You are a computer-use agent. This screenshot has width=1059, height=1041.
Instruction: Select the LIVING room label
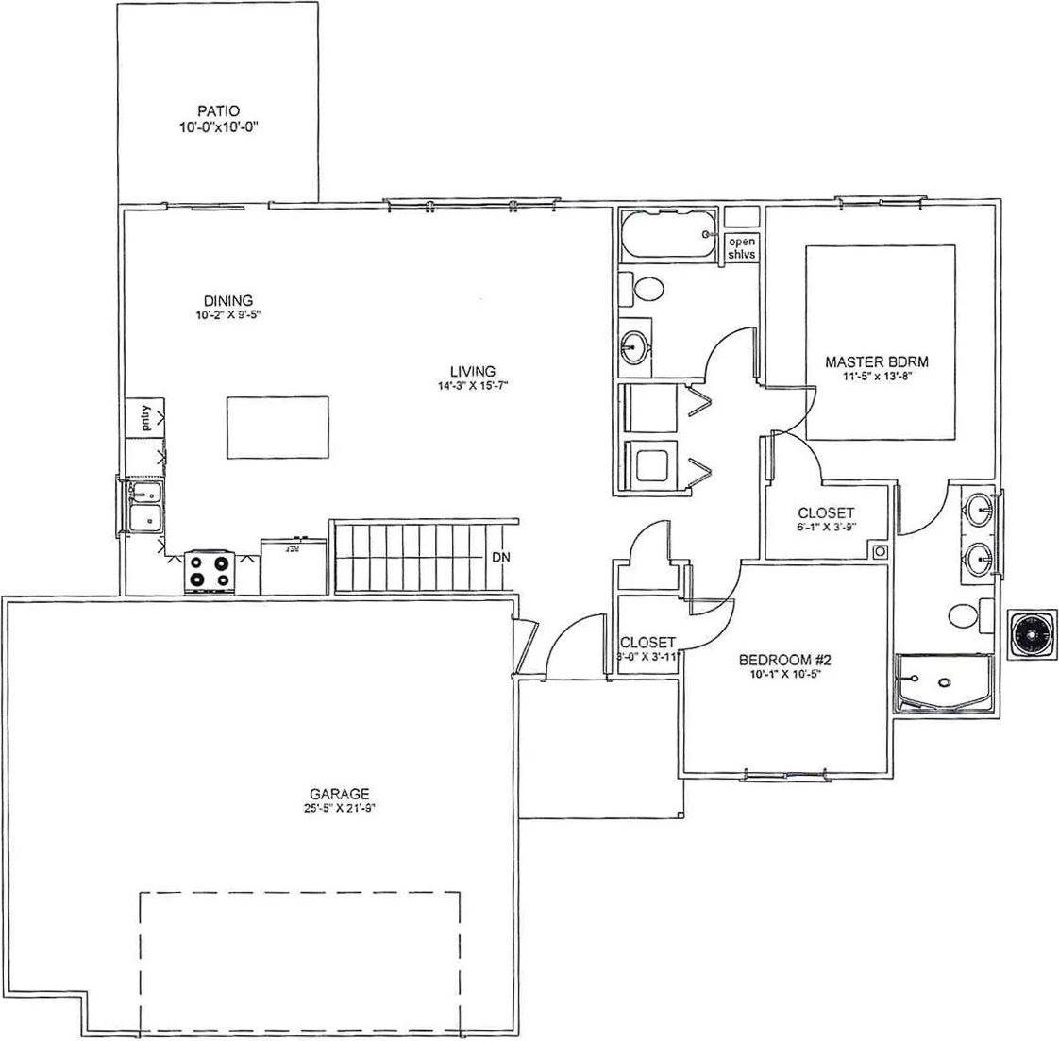click(473, 371)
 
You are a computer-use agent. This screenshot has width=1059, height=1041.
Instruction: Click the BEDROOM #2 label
click(782, 661)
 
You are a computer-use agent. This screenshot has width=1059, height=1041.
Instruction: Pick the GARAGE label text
click(339, 794)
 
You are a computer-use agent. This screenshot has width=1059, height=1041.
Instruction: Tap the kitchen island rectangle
click(277, 427)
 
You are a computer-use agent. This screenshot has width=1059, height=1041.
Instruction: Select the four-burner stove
click(209, 570)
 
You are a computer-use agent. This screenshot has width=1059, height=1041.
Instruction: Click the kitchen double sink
click(143, 506)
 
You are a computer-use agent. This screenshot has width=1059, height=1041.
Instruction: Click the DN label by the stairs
click(500, 557)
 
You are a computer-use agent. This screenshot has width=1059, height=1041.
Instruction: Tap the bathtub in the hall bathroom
click(668, 235)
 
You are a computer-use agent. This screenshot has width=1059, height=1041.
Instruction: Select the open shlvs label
click(741, 248)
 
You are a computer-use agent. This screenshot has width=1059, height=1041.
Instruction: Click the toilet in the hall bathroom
click(643, 289)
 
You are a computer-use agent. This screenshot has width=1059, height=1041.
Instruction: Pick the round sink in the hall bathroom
click(634, 348)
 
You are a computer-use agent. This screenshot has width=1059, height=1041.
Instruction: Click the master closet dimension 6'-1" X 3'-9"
click(826, 528)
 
